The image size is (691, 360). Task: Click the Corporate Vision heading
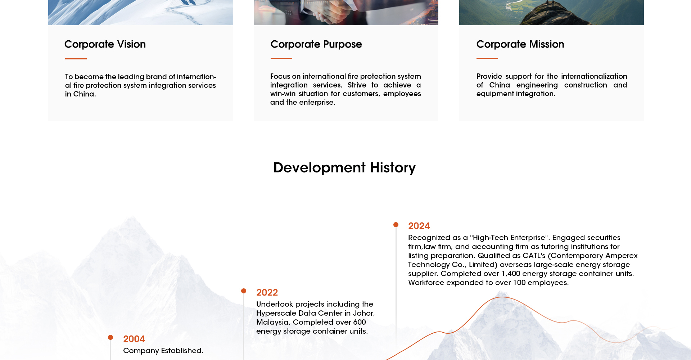click(x=105, y=44)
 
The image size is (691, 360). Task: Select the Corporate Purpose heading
click(x=316, y=44)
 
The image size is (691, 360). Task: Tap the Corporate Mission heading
click(x=520, y=44)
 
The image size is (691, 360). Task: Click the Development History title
click(x=344, y=168)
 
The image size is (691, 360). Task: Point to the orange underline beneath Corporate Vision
click(x=76, y=59)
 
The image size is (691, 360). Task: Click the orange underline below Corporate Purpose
click(x=281, y=58)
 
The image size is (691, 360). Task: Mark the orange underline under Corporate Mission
click(x=487, y=58)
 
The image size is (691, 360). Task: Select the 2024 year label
click(x=419, y=226)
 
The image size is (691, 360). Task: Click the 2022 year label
click(x=267, y=293)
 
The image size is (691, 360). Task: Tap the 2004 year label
click(x=134, y=339)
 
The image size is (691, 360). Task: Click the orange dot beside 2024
click(x=396, y=225)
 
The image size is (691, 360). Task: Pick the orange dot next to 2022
click(x=244, y=291)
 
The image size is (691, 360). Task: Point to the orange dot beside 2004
click(x=110, y=337)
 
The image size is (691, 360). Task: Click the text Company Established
click(x=163, y=351)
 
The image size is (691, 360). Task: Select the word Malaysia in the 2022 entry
click(x=273, y=322)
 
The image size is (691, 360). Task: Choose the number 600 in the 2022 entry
click(x=360, y=322)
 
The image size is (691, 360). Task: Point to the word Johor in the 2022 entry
click(x=364, y=313)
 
